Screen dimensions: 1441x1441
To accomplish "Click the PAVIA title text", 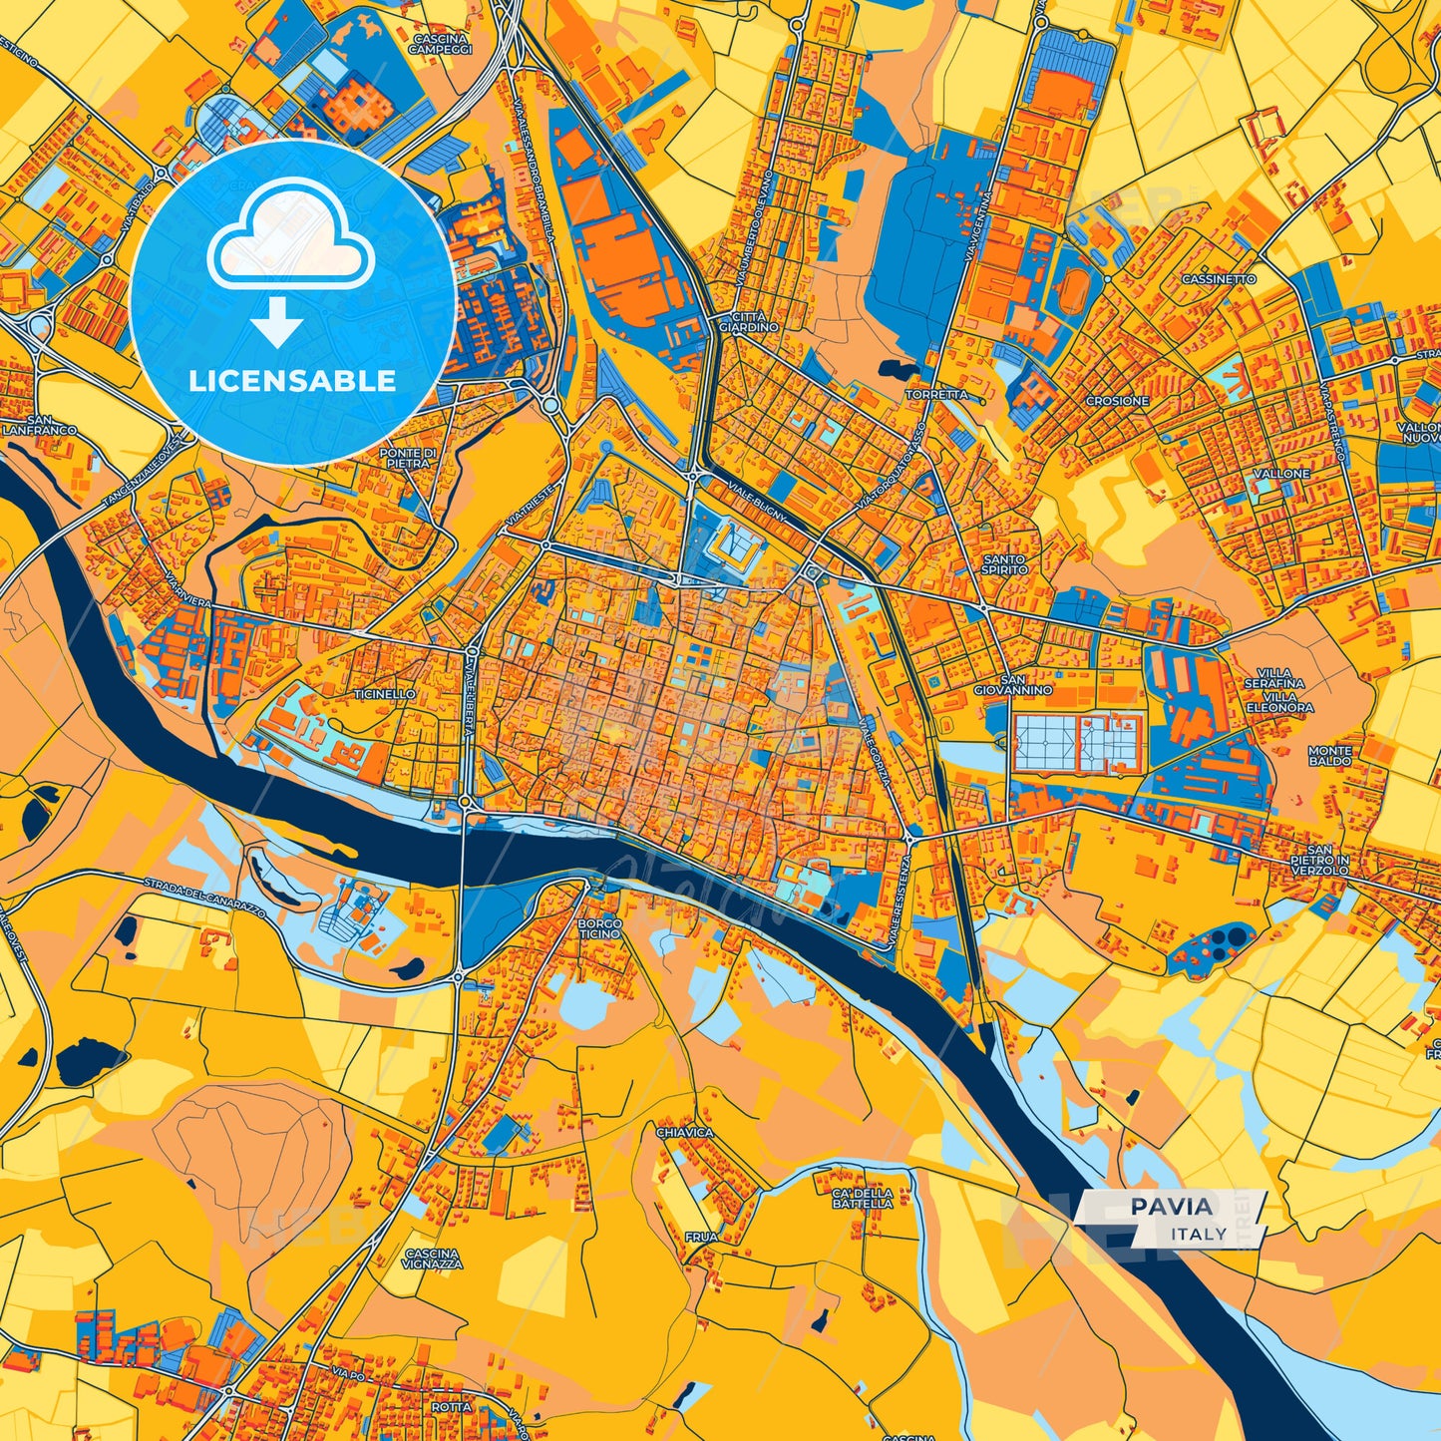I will (x=1172, y=1207).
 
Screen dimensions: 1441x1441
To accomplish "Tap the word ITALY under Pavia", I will (x=1199, y=1234).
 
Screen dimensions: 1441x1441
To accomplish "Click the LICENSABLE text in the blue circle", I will (x=293, y=381).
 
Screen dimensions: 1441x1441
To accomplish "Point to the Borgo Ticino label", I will (x=599, y=929).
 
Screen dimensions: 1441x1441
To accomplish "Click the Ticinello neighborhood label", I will (x=384, y=693).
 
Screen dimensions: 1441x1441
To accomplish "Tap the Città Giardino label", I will (x=748, y=321).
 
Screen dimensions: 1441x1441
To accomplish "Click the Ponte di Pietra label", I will (x=407, y=458).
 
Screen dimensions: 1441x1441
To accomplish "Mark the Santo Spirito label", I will (x=1004, y=564).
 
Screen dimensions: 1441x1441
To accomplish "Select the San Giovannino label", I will (x=1013, y=683).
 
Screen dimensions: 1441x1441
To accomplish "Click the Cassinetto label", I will (x=1219, y=279).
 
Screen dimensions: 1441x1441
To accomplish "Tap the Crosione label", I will (x=1117, y=400).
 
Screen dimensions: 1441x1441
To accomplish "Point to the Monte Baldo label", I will (x=1330, y=755).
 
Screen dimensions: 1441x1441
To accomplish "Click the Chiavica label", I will (x=685, y=1133).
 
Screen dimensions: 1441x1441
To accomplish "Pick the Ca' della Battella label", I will (x=863, y=1198).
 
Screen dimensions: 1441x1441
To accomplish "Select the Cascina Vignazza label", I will (x=434, y=1259).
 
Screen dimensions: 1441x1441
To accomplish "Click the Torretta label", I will (x=935, y=395).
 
